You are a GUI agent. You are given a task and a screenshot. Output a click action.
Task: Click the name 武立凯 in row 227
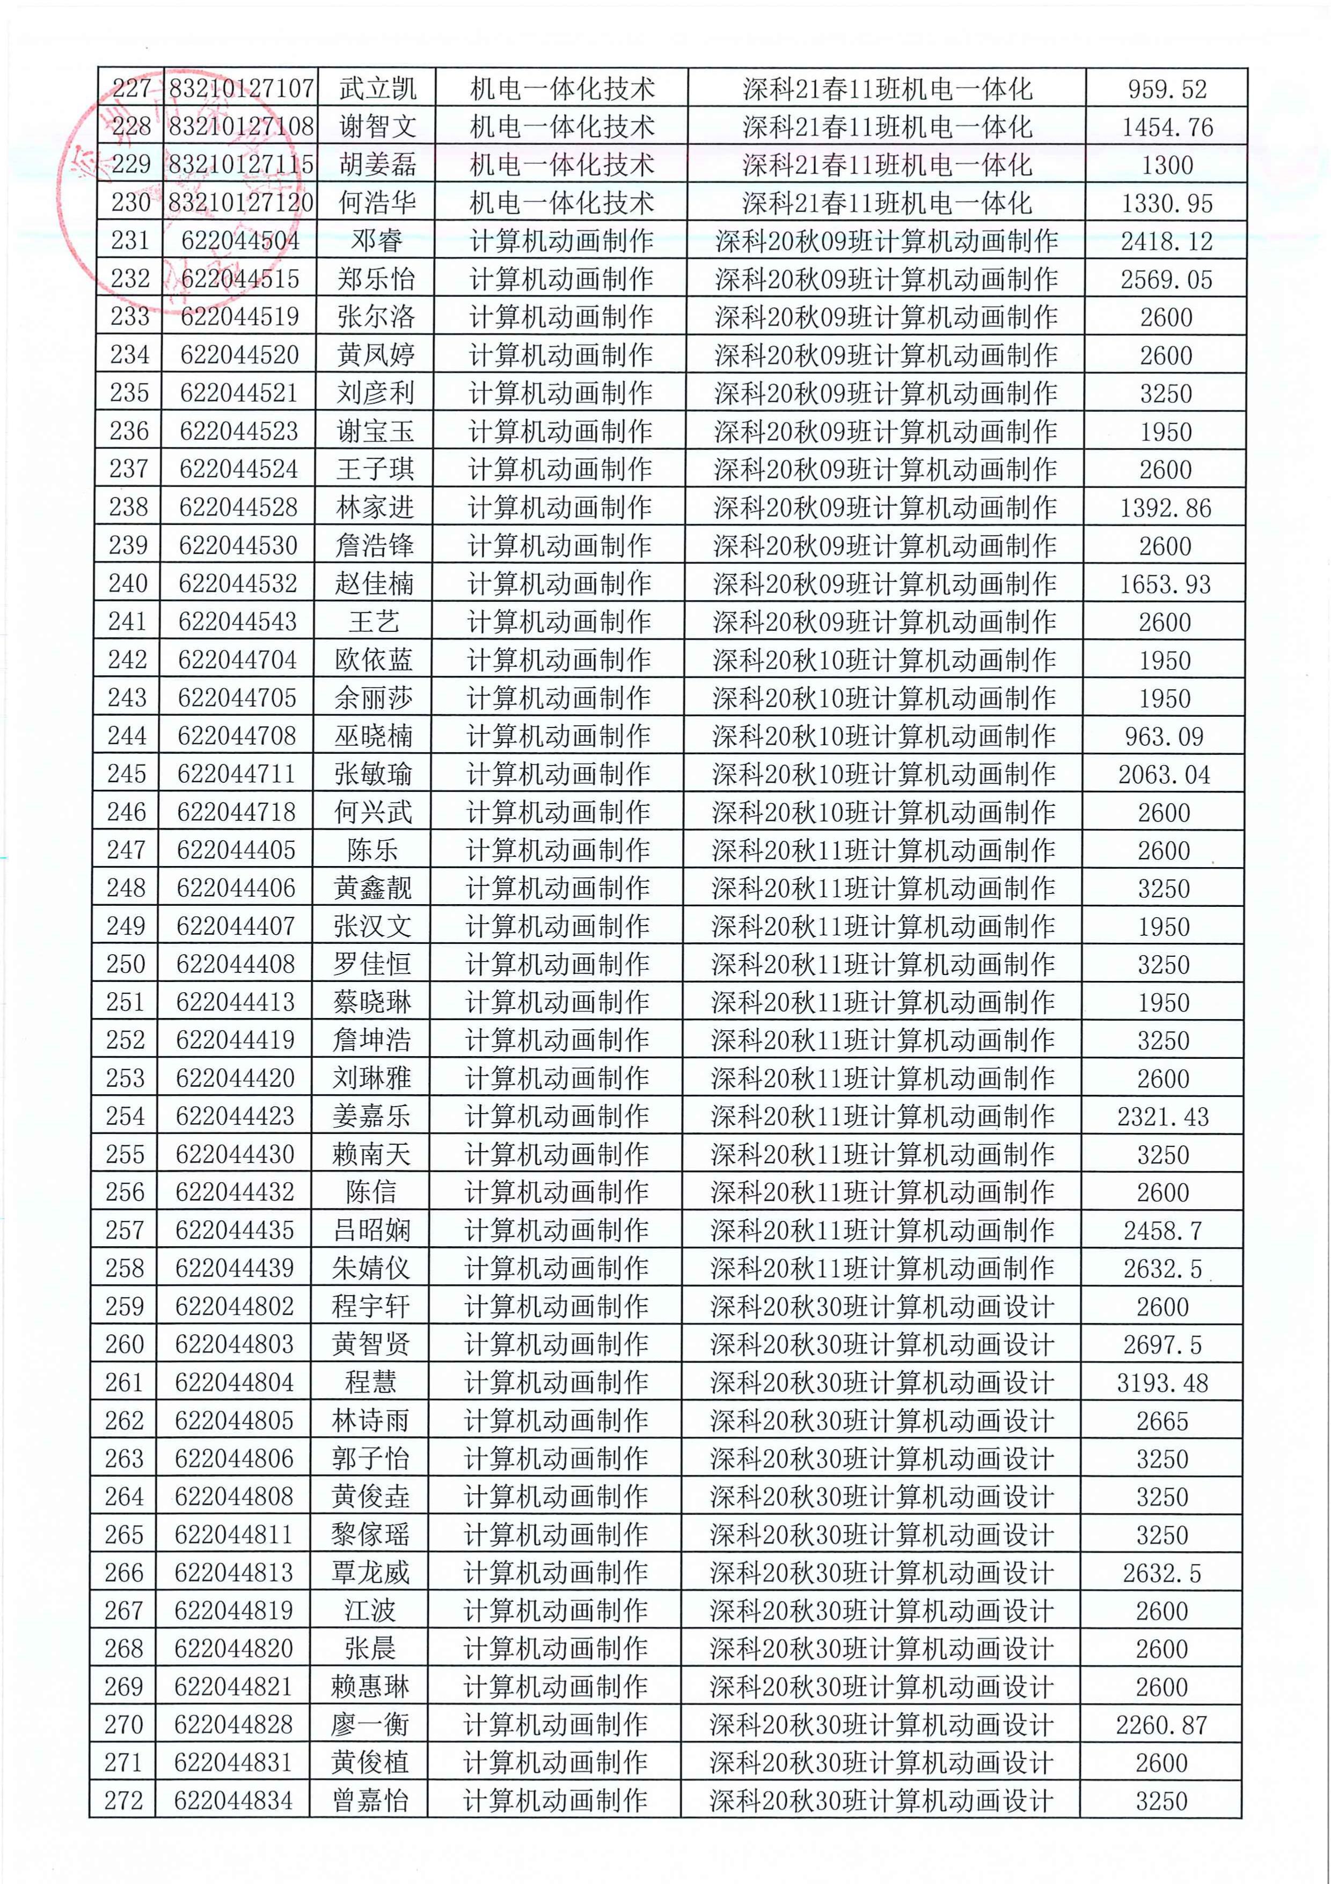coord(377,89)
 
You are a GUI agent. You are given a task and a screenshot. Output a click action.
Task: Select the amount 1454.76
coord(1167,127)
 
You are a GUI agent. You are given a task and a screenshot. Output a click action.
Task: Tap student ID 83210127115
coord(241,165)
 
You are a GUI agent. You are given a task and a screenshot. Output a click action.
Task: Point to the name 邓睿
coord(376,241)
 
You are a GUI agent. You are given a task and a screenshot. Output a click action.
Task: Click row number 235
coord(129,393)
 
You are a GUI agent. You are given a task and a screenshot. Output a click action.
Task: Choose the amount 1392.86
coord(1165,508)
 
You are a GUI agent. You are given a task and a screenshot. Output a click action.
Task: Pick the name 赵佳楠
coord(374,584)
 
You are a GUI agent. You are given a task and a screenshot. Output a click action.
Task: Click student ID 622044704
coord(237,660)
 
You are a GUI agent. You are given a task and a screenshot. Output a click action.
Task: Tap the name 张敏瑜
coord(373,774)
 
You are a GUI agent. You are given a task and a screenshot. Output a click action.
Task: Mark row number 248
coord(126,888)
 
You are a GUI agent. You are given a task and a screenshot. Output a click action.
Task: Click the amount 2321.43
coord(1163,1116)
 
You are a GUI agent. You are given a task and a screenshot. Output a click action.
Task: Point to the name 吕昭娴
coord(371,1230)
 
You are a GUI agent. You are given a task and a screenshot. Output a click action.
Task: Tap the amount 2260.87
coord(1161,1725)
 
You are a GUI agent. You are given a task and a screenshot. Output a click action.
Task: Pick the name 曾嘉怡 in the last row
coord(370,1801)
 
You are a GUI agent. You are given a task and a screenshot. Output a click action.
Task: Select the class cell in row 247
coord(883,850)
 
